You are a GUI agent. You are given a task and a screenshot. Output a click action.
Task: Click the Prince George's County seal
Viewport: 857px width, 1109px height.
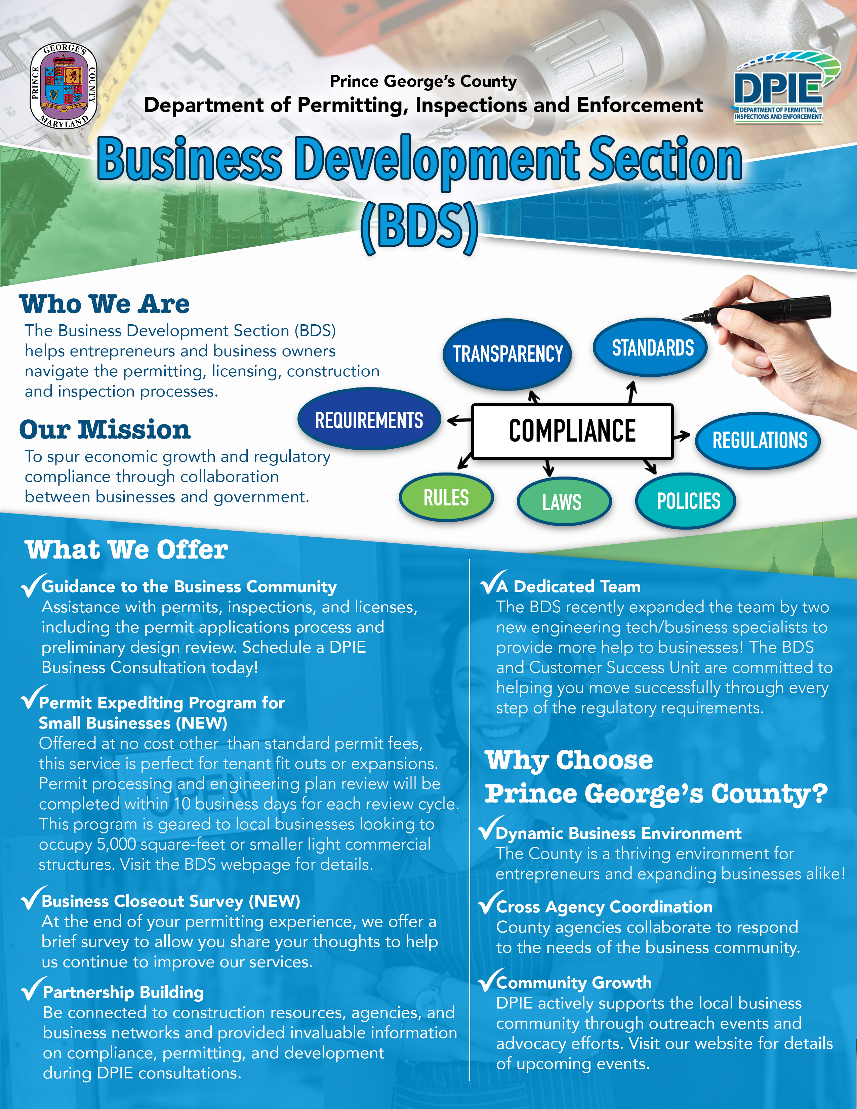point(64,86)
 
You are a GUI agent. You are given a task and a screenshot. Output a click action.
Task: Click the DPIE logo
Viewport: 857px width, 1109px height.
point(784,86)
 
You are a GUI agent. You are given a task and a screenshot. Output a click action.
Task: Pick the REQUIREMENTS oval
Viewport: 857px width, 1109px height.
point(369,419)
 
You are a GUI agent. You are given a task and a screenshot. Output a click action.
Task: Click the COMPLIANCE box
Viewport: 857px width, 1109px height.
point(572,431)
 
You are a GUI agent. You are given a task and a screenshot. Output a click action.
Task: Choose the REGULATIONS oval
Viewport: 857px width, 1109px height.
point(759,440)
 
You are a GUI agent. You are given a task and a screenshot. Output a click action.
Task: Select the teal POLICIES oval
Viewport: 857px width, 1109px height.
point(686,501)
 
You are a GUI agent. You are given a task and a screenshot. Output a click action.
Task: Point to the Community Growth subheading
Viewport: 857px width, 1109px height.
point(574,983)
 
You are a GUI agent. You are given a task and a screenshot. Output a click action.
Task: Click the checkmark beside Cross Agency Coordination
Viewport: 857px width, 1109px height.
point(491,902)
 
